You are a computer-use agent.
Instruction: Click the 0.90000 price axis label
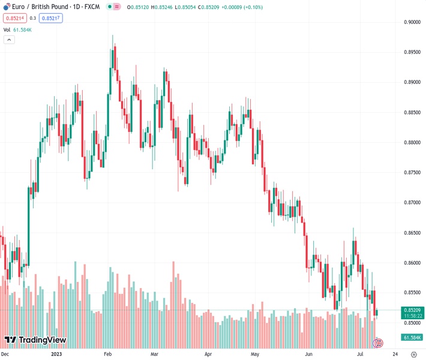(x=412, y=22)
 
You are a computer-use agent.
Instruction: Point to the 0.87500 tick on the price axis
(x=412, y=173)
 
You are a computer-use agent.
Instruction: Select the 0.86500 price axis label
(x=412, y=233)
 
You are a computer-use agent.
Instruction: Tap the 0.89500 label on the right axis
(x=412, y=52)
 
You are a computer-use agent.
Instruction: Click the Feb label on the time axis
(x=108, y=355)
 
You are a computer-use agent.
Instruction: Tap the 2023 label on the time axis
(x=56, y=355)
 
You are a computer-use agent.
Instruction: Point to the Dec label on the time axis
(x=5, y=355)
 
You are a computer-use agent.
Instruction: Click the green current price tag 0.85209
(x=412, y=310)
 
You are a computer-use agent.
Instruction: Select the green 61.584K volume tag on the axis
(x=412, y=338)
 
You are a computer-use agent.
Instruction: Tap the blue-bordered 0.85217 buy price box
(x=51, y=18)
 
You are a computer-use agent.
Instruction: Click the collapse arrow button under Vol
(x=9, y=40)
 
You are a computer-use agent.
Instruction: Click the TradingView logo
(x=35, y=340)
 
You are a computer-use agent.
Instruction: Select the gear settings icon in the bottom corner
(x=414, y=355)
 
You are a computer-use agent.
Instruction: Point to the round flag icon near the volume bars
(x=379, y=343)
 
